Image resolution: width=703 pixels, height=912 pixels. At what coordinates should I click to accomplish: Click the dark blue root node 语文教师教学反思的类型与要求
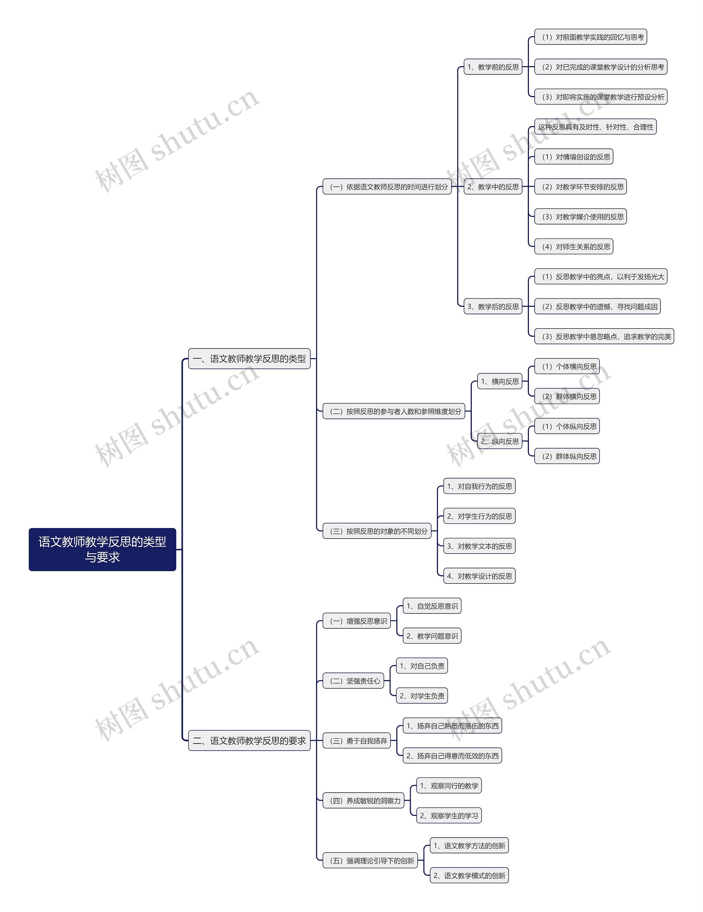(102, 549)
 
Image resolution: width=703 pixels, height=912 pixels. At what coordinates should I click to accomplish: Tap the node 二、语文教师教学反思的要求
(249, 741)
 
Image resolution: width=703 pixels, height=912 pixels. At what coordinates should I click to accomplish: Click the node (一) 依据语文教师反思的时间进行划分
(387, 187)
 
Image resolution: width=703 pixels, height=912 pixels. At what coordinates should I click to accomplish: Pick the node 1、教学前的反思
(493, 67)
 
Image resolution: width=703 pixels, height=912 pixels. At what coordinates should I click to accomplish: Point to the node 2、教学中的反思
(493, 187)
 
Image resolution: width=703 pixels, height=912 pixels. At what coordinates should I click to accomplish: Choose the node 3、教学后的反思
(493, 307)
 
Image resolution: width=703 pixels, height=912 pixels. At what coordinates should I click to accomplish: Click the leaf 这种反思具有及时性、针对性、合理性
(595, 127)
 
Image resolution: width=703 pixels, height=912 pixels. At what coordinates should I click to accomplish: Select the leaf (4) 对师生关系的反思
(573, 247)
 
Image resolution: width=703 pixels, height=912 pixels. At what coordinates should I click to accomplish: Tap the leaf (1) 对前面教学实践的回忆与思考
(591, 37)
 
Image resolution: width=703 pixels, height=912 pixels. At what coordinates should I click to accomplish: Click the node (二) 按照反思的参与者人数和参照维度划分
(394, 411)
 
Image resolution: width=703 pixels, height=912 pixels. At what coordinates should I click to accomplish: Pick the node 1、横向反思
(500, 381)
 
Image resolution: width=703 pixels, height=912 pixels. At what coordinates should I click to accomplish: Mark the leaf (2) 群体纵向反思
(567, 456)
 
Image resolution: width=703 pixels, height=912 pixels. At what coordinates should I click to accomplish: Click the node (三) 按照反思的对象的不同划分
(377, 531)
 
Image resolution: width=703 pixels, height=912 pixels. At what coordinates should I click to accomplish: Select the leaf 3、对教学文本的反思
(479, 546)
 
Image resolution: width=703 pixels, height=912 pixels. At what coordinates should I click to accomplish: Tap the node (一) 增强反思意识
(357, 621)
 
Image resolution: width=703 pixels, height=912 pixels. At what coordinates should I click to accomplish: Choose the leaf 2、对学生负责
(422, 696)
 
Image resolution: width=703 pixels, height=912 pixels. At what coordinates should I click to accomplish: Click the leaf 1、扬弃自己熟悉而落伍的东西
(452, 726)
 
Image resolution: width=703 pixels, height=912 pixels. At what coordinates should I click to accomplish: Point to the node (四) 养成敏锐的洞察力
(363, 801)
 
